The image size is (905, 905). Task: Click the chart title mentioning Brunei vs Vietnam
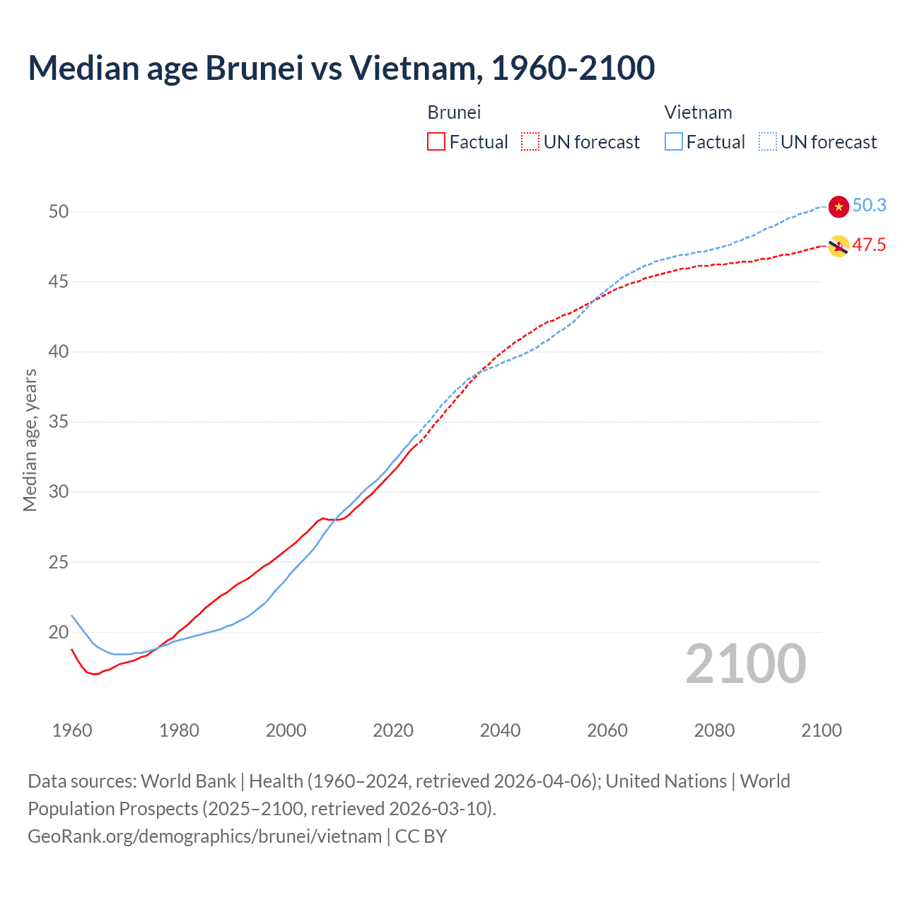[341, 68]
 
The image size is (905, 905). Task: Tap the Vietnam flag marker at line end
[838, 206]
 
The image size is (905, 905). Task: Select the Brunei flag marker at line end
[838, 246]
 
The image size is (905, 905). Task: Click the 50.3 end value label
[869, 205]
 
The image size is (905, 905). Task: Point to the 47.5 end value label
[869, 245]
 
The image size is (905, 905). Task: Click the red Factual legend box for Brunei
[436, 142]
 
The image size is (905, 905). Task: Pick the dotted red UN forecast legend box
[530, 142]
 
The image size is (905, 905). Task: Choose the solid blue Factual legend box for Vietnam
[673, 142]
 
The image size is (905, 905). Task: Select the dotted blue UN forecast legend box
[767, 142]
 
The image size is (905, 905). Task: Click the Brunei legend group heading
[454, 112]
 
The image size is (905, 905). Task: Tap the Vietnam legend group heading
[698, 112]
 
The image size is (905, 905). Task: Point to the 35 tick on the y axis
[59, 422]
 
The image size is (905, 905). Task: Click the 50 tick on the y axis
[59, 211]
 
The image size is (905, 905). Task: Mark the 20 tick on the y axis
[59, 632]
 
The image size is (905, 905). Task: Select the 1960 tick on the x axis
[72, 730]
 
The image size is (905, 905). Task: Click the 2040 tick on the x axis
[500, 730]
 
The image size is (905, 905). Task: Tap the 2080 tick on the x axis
[714, 730]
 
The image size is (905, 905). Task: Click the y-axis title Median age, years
[30, 440]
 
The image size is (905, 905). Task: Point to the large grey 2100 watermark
[745, 663]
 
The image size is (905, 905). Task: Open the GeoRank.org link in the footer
[204, 836]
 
